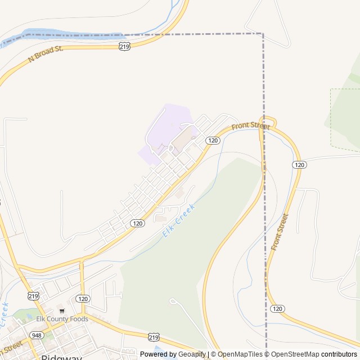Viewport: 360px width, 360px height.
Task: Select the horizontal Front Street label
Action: (x=250, y=126)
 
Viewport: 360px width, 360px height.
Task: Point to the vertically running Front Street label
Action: (x=280, y=232)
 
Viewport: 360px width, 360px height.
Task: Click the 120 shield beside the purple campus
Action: (x=212, y=140)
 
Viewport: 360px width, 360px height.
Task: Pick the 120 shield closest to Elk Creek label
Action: (x=137, y=223)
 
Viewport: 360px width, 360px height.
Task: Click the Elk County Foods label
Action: (x=62, y=319)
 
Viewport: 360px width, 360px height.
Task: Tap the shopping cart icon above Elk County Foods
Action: (x=61, y=310)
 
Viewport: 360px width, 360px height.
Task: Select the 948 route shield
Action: (x=37, y=335)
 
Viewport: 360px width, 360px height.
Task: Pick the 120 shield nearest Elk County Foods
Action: (x=83, y=298)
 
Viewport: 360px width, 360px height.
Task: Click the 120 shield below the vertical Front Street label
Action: (x=277, y=309)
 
